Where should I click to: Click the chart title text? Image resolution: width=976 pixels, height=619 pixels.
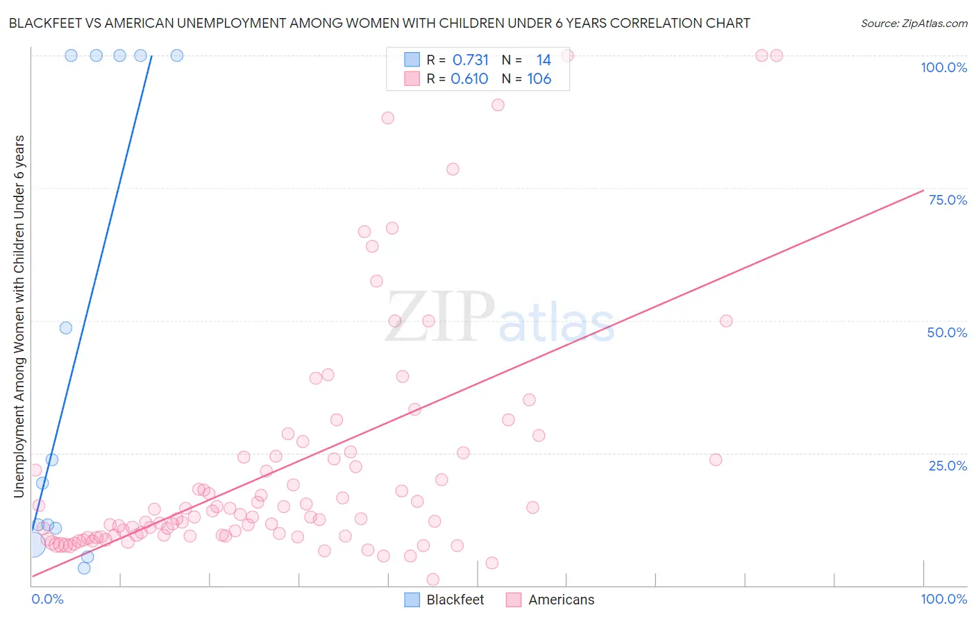tap(379, 23)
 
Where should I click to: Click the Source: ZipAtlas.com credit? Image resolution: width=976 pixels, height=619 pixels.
tap(914, 23)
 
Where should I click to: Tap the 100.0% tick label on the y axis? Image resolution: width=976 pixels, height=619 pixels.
tap(943, 67)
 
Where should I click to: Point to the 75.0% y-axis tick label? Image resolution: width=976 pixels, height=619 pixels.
tap(948, 200)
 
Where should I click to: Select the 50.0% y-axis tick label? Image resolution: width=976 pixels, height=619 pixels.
tap(947, 332)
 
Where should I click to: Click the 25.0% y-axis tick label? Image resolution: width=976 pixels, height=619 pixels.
tap(948, 465)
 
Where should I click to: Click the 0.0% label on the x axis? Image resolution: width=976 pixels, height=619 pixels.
tap(47, 599)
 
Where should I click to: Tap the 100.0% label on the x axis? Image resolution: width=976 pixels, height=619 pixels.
tap(943, 599)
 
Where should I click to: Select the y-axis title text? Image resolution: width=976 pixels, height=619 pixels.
tap(19, 316)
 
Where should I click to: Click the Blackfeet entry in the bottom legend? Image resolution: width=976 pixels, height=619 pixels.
tap(455, 600)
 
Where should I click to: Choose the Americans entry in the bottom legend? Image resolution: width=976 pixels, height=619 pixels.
tap(561, 600)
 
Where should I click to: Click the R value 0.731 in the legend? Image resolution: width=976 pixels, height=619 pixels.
tap(471, 60)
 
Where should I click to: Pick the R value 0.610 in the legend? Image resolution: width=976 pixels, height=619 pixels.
tap(469, 79)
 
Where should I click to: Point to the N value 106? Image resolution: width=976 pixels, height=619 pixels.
tap(539, 79)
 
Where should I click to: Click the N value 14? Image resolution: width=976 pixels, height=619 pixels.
tap(544, 60)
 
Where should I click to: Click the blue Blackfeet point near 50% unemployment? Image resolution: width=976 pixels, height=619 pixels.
tap(66, 328)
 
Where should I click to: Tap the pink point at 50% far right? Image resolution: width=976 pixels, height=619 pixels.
tap(726, 321)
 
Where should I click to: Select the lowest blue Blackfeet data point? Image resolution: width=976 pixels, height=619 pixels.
tap(84, 568)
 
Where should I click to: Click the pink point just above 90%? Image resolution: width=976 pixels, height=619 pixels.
tap(498, 105)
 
